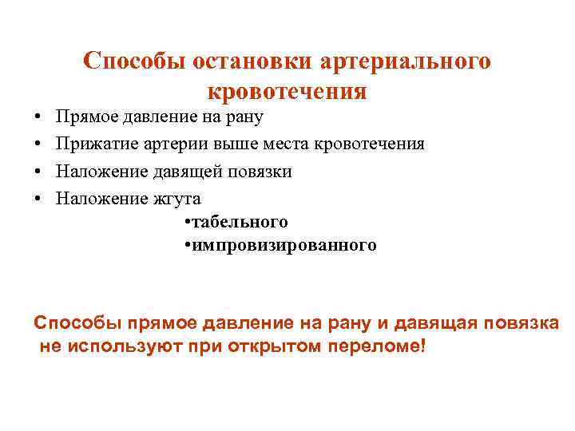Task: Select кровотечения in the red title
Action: tap(287, 91)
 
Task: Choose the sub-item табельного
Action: tap(237, 221)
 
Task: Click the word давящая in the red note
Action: tap(435, 323)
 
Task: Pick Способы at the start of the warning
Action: tap(73, 323)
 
